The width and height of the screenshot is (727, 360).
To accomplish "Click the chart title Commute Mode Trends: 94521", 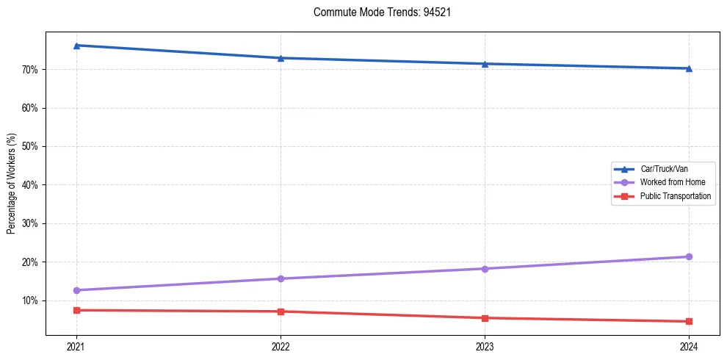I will point(376,12).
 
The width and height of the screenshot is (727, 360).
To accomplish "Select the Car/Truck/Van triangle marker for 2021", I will point(76,46).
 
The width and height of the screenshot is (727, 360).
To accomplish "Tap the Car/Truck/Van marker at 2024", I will point(689,68).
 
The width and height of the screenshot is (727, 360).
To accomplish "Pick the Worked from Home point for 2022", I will point(281,278).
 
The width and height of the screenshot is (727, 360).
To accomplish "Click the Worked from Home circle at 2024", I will point(689,256).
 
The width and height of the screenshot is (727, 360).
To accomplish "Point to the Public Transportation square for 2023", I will point(485,318).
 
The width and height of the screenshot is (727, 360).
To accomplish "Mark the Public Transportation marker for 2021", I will point(76,310).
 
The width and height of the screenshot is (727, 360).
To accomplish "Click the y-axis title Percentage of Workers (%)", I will point(12,184).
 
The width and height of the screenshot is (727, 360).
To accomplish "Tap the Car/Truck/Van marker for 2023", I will point(485,64).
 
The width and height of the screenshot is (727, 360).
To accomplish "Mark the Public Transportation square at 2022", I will point(281,312).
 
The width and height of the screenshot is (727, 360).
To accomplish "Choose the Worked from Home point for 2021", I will point(76,290).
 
